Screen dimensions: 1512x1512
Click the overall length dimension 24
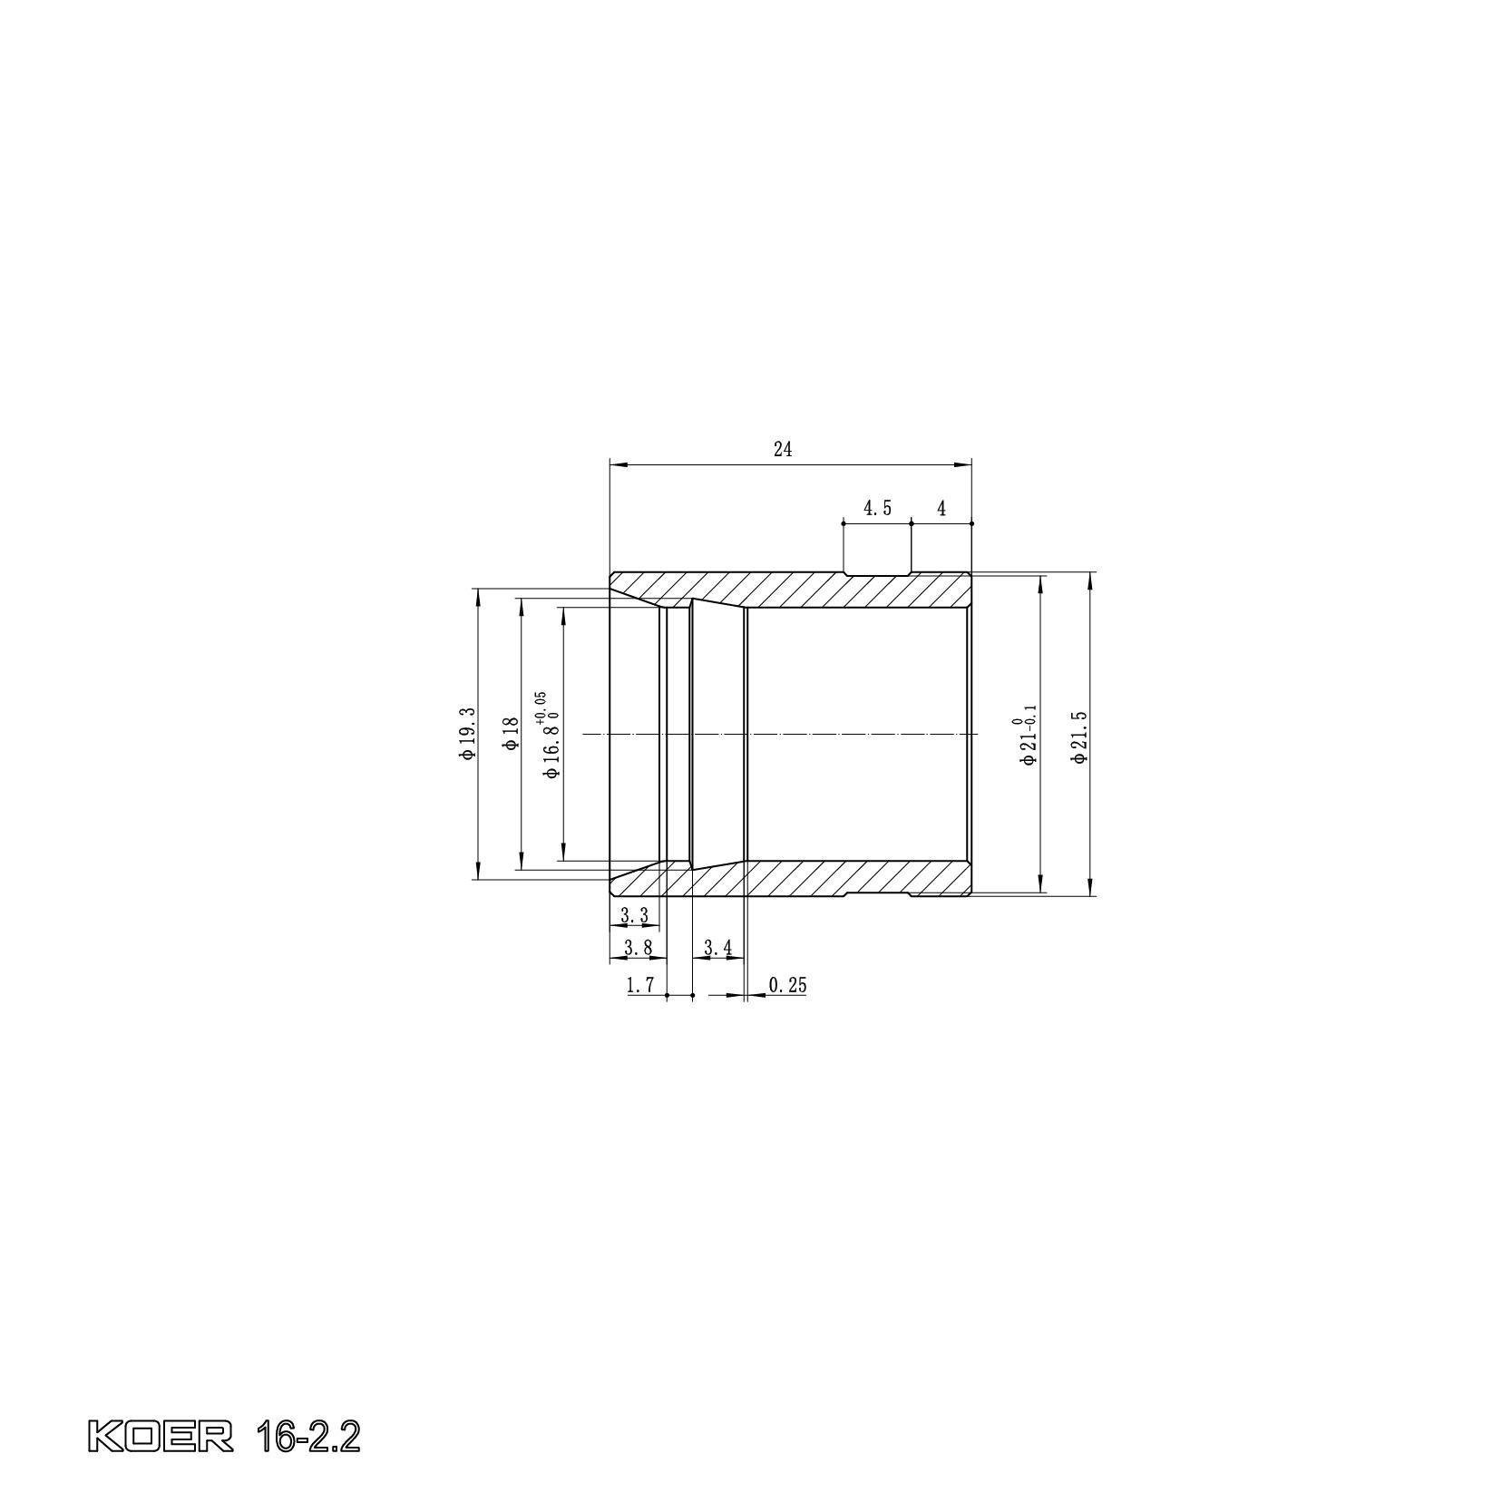783,449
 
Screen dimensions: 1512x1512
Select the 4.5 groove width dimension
876,509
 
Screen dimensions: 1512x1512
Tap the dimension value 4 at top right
941,509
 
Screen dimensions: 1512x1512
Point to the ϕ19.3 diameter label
467,733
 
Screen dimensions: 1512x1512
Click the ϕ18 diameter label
511,733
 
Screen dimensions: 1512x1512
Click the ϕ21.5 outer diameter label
1078,736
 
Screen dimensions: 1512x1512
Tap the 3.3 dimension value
634,916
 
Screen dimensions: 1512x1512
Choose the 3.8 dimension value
638,949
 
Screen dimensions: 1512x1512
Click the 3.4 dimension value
717,949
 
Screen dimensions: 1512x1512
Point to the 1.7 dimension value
640,985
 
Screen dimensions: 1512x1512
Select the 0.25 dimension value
786,985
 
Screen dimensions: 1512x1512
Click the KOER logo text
160,1437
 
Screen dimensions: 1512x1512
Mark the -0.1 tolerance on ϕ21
1030,717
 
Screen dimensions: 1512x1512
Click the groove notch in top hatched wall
876,574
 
